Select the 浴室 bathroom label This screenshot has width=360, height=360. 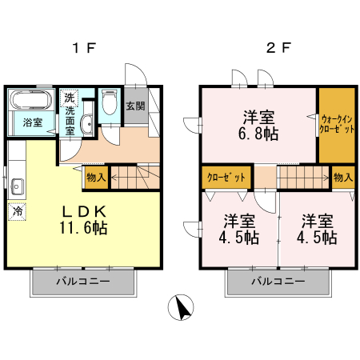[33, 122]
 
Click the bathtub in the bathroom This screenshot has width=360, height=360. [32, 101]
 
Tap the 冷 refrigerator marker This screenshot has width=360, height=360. [17, 212]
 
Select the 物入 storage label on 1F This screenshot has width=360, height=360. [95, 177]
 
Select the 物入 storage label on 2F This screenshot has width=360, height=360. [342, 177]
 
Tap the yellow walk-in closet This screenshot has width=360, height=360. [337, 123]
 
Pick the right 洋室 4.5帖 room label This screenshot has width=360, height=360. [318, 229]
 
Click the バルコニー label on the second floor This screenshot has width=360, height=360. [278, 282]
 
